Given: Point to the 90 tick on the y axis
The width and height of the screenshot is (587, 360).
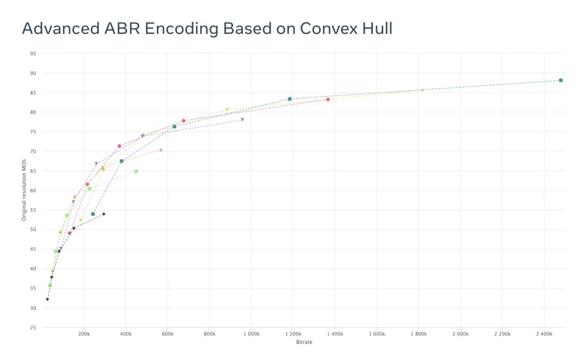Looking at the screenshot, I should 32,73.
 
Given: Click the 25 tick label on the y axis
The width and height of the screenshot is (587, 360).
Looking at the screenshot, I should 32,327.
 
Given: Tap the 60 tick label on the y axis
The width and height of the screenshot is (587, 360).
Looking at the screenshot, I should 32,190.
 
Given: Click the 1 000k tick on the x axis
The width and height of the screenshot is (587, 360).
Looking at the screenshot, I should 251,334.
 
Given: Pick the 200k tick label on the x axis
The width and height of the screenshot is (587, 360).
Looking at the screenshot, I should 84,334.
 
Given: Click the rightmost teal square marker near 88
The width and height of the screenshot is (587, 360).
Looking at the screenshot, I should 561,80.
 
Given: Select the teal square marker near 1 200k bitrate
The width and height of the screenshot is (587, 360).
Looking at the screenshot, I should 290,99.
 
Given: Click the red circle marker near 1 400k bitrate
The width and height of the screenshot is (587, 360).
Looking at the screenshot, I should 327,99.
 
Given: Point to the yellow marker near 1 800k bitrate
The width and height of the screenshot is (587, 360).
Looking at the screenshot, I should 422,90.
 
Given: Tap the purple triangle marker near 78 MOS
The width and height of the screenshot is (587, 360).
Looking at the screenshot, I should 242,120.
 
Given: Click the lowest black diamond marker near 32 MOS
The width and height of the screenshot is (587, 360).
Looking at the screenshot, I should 47,299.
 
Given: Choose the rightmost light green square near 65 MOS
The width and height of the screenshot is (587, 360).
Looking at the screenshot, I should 136,171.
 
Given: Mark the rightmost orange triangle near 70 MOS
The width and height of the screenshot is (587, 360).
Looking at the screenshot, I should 161,150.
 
